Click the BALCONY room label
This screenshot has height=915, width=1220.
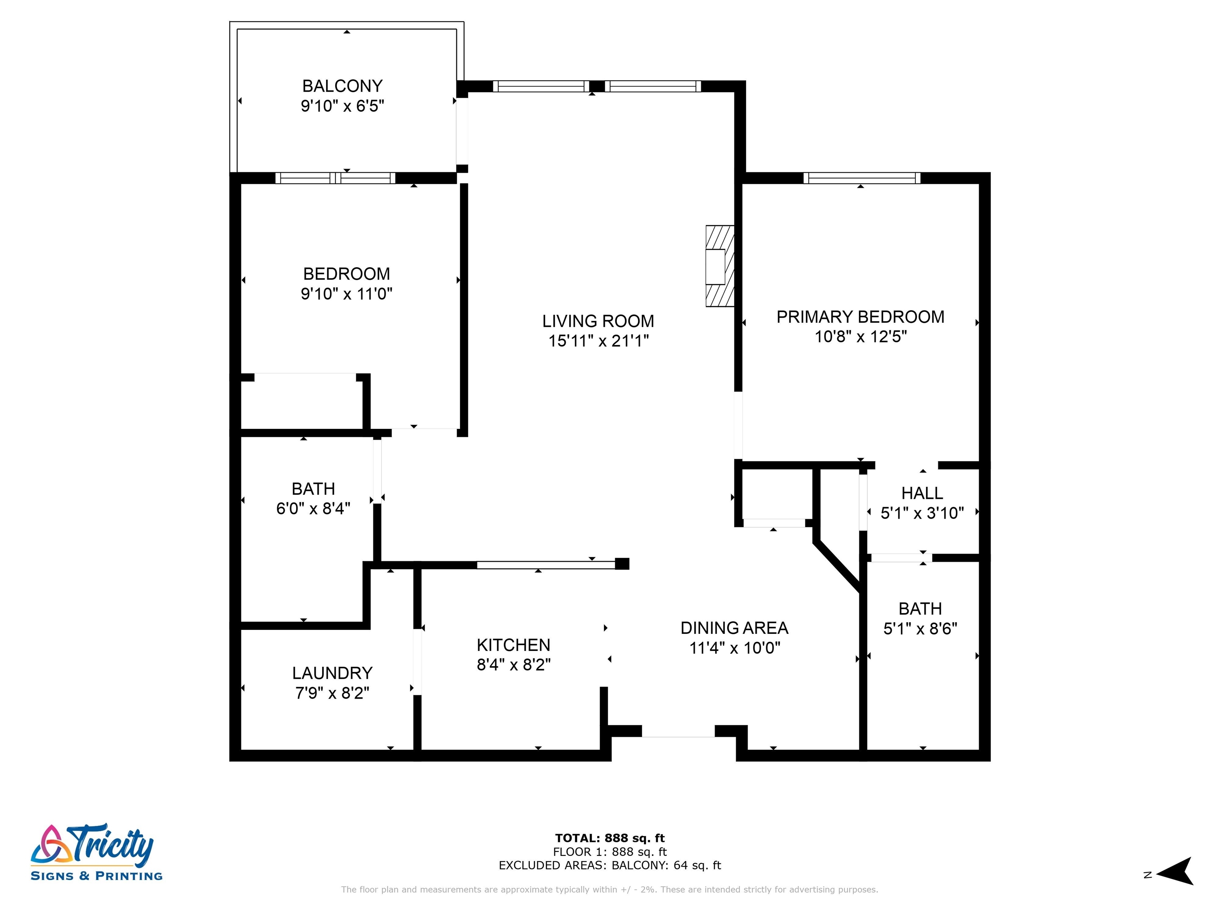[342, 86]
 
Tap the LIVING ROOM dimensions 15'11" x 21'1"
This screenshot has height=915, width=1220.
[598, 341]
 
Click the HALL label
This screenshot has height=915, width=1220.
[922, 493]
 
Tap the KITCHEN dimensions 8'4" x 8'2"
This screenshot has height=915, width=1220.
[513, 664]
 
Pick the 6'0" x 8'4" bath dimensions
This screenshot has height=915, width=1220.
[313, 508]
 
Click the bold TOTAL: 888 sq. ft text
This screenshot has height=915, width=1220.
[610, 838]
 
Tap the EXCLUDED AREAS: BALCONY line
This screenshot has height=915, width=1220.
[610, 865]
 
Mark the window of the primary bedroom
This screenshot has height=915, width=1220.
[861, 178]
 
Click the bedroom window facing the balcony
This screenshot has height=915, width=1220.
[335, 178]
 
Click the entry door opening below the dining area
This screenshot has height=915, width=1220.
[678, 732]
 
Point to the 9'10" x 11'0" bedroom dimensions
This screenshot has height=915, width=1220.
[346, 293]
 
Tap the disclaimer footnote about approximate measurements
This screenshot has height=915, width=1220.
[610, 890]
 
